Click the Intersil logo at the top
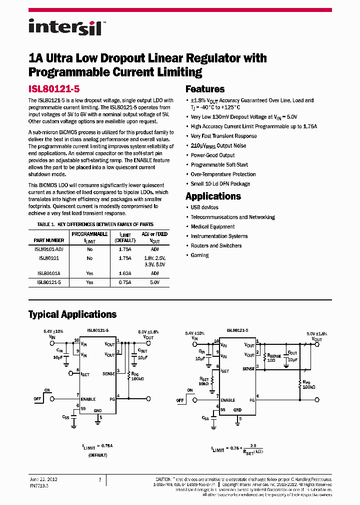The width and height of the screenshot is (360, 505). click(65, 27)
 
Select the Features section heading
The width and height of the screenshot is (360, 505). click(205, 89)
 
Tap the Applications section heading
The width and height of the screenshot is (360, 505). click(213, 196)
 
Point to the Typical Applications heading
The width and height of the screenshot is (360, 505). click(72, 314)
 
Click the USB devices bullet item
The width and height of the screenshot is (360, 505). click(204, 208)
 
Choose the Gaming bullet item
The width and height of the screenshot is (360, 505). click(199, 255)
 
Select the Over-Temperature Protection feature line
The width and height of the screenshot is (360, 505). click(223, 175)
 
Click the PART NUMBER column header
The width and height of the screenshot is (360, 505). click(49, 241)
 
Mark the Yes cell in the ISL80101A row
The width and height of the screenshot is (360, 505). click(89, 273)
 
